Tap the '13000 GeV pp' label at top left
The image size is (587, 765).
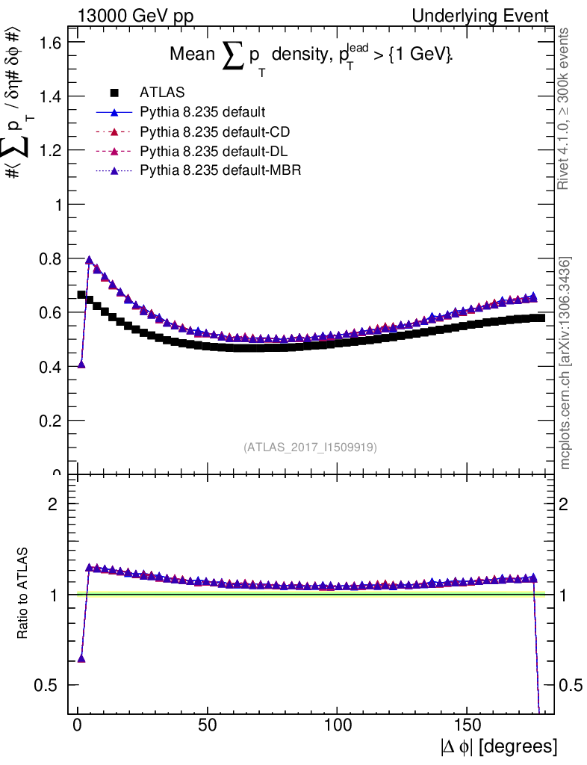click(x=131, y=16)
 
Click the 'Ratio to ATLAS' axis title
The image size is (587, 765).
click(x=23, y=595)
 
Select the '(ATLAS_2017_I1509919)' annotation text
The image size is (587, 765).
click(x=310, y=447)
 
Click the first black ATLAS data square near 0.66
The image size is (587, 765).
click(x=81, y=294)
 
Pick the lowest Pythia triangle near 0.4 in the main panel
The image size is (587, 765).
click(x=81, y=365)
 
